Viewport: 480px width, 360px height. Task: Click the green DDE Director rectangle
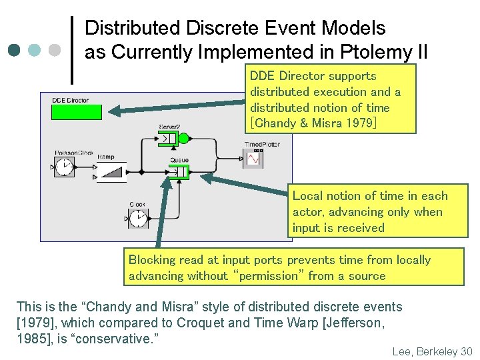77,112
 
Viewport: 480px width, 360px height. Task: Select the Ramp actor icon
111,171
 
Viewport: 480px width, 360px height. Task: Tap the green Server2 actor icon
173,139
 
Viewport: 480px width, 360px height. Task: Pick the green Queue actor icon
179,172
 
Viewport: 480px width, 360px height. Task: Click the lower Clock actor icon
138,217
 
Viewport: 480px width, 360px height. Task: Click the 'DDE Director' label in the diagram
70,101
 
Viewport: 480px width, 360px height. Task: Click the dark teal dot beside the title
14,50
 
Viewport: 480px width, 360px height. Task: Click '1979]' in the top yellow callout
361,123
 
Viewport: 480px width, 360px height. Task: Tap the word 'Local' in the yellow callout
308,196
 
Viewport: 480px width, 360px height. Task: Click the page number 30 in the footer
466,351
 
